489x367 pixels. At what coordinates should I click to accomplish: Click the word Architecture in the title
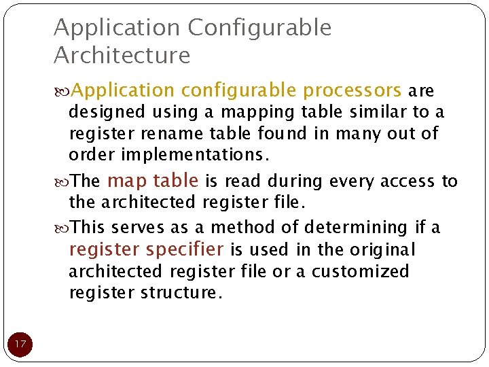click(122, 55)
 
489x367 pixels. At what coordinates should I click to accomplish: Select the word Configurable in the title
click(259, 28)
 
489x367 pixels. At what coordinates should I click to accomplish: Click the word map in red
click(127, 181)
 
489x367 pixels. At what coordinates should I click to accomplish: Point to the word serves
click(136, 227)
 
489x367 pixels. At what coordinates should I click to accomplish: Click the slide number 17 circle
click(20, 344)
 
